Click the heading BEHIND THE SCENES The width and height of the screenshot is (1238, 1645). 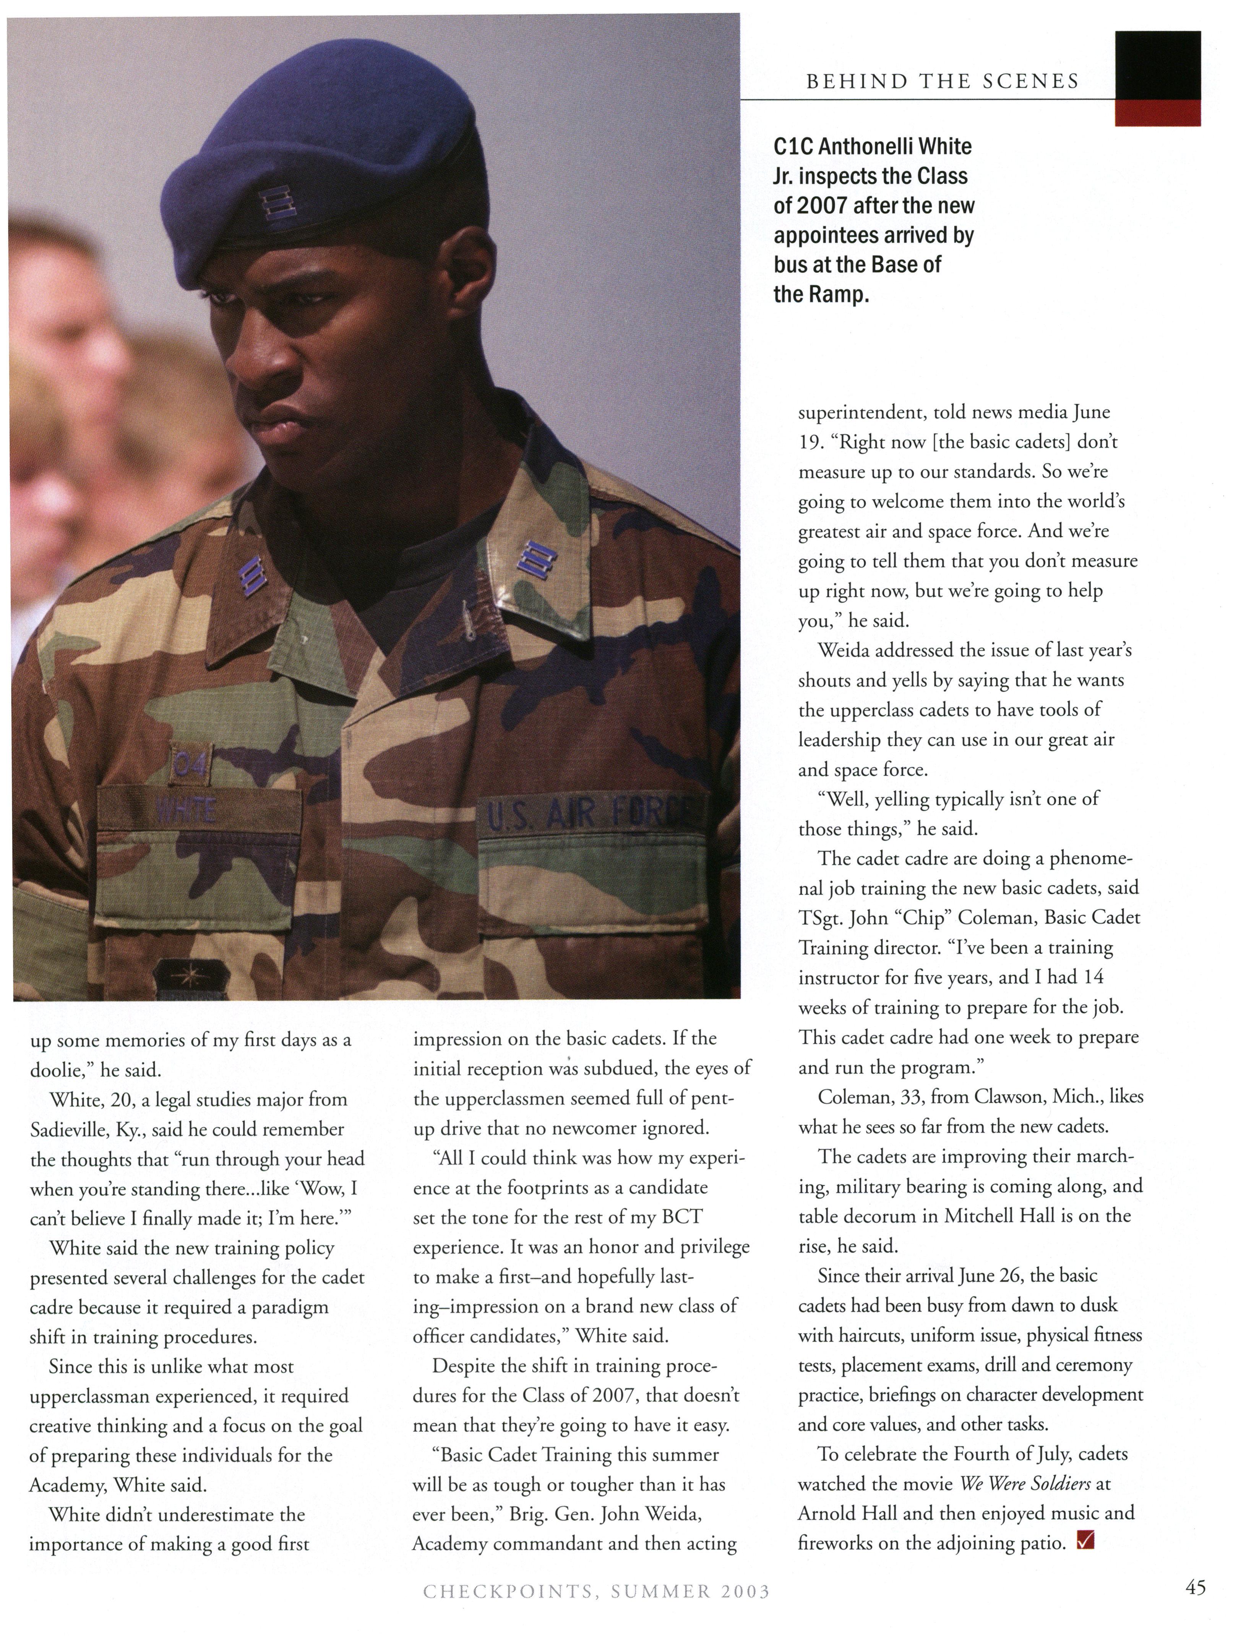(942, 81)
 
